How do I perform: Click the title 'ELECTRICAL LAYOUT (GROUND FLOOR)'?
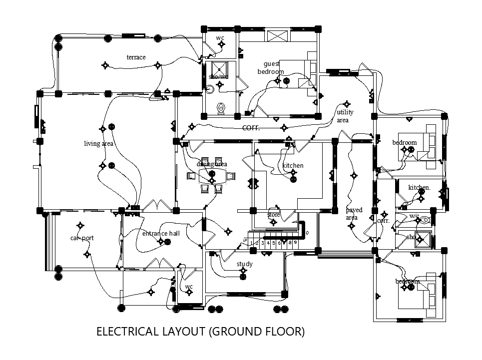coord(200,332)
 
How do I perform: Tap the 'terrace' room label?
coord(136,57)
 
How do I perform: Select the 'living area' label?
coord(98,144)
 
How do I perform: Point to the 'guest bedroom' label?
coord(271,68)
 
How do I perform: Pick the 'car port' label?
coord(82,238)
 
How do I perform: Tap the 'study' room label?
coord(245,264)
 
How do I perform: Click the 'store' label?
coord(274,215)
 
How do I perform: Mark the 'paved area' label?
coord(354,214)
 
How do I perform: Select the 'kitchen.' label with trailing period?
coord(419,188)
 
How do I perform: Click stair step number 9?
coord(296,243)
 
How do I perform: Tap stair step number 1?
coord(252,243)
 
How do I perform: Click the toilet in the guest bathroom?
coord(221,107)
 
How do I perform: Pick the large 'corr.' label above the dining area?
coord(251,128)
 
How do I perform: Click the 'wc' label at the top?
coord(220,38)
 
